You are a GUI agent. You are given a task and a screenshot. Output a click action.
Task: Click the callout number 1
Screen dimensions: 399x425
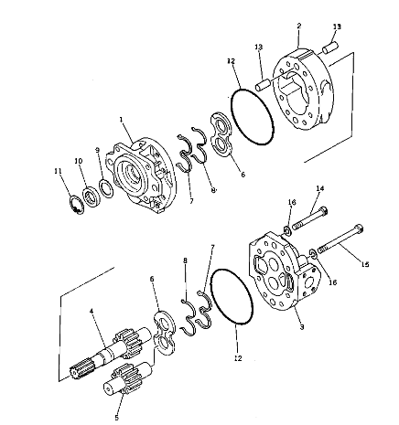click(x=122, y=119)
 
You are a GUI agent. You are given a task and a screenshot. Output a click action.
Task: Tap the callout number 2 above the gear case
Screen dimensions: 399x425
click(x=299, y=26)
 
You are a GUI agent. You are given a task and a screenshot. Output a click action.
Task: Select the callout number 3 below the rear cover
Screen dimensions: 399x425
click(x=302, y=327)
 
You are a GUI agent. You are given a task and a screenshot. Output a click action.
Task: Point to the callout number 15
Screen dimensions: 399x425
click(x=365, y=264)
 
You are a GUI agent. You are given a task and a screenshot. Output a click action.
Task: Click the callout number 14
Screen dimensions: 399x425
click(x=319, y=188)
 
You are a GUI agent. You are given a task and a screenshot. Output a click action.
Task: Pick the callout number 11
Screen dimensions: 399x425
click(x=58, y=171)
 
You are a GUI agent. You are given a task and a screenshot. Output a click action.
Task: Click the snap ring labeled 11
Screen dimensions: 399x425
click(x=77, y=205)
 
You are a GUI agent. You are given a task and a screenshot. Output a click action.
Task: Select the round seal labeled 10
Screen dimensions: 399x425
click(x=91, y=198)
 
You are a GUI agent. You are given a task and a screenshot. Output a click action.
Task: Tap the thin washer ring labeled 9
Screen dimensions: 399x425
click(x=106, y=188)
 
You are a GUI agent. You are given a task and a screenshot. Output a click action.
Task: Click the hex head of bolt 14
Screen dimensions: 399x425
click(x=323, y=211)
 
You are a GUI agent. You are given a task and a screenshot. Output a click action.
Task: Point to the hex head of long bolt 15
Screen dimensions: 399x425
click(x=359, y=228)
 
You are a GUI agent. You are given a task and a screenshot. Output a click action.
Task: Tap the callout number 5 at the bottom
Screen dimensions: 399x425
click(x=117, y=418)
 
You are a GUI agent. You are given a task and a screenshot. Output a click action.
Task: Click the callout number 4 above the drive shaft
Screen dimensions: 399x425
click(x=92, y=311)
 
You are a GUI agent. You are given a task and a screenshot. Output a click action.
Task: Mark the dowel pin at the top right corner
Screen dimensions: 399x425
click(x=330, y=48)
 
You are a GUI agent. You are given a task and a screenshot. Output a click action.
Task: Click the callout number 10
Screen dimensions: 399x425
click(x=79, y=161)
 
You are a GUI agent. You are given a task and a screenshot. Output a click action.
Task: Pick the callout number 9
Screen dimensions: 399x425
click(x=97, y=150)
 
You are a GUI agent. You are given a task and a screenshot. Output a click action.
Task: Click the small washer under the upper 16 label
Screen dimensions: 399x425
click(x=287, y=230)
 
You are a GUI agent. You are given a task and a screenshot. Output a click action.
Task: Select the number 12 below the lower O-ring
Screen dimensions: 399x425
click(x=238, y=358)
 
